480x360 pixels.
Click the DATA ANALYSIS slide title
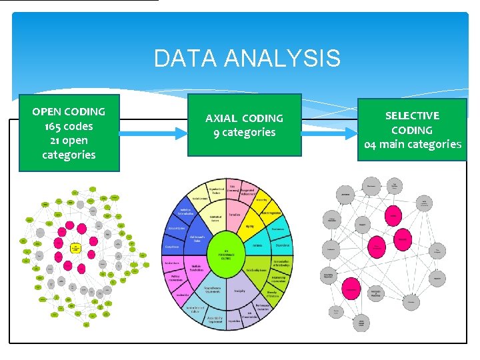247,59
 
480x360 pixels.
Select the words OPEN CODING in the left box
69,111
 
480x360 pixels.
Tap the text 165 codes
69,126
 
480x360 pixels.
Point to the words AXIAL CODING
244,118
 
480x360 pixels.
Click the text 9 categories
244,132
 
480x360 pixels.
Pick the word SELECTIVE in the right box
412,115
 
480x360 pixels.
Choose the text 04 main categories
412,144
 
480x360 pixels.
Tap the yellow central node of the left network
76,248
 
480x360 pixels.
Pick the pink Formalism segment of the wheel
235,215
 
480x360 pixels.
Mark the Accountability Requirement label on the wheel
215,320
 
